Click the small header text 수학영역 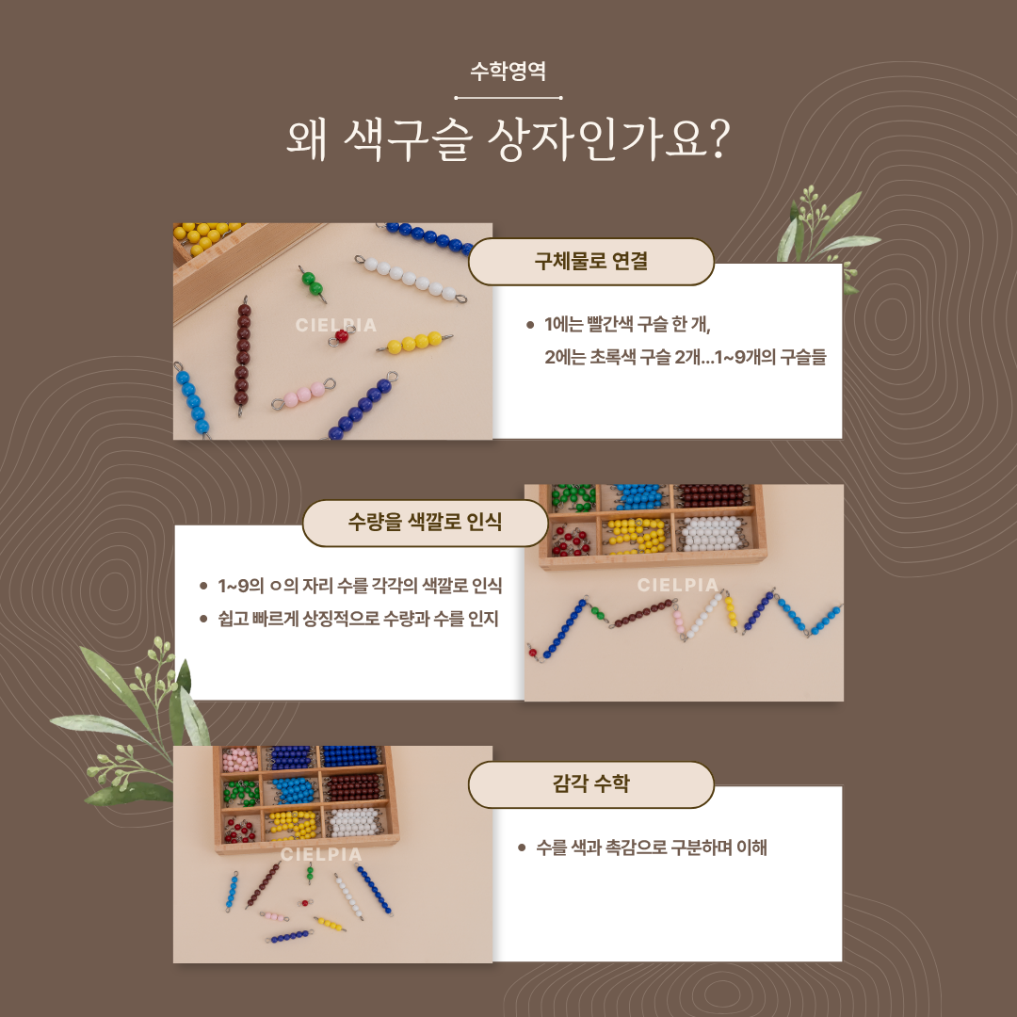508,71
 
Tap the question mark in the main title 717,137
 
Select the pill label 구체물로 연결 590,262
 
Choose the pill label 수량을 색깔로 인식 426,522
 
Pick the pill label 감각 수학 590,784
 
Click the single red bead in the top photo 342,335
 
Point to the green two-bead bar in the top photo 312,284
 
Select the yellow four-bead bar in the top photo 414,342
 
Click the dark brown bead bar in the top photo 242,356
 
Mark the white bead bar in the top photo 410,281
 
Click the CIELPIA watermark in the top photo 336,325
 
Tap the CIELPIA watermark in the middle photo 678,585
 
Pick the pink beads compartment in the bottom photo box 240,760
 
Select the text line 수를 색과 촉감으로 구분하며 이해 652,847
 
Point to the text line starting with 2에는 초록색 685,357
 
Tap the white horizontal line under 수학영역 508,98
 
